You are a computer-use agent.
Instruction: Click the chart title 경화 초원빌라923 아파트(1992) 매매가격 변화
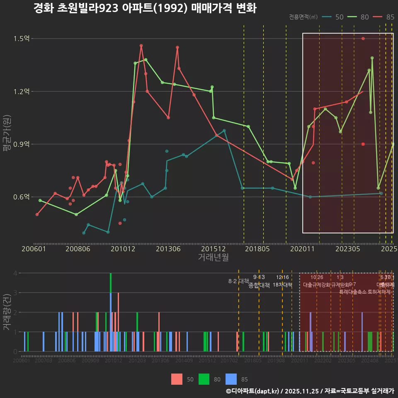point(145,8)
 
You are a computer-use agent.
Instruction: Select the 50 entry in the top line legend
point(339,17)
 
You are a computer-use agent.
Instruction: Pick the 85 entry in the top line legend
point(390,17)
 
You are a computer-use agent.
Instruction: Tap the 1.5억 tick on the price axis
point(22,39)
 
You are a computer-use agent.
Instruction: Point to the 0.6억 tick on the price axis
point(22,197)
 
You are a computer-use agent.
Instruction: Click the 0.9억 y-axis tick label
point(22,144)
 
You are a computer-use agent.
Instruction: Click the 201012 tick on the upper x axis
point(123,249)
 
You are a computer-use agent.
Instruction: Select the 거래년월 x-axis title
point(213,257)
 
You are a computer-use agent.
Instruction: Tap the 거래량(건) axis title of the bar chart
point(7,312)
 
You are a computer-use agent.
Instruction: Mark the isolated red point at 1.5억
point(363,39)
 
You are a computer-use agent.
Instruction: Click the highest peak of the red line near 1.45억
point(141,46)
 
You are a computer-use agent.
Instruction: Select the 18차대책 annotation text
point(282,285)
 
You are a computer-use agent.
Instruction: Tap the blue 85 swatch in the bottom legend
point(231,379)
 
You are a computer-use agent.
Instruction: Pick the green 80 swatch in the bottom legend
point(204,379)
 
